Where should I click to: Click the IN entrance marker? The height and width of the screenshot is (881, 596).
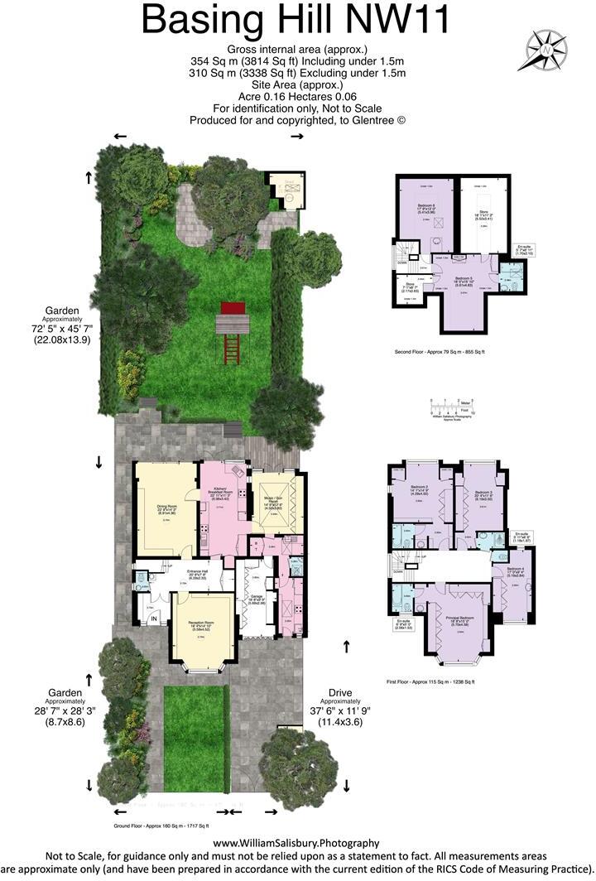click(x=153, y=618)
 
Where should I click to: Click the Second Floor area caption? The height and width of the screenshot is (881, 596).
click(x=440, y=352)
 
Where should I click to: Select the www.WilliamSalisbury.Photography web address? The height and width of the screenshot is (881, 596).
click(x=297, y=843)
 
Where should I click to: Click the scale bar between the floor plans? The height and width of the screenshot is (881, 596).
click(x=449, y=407)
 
